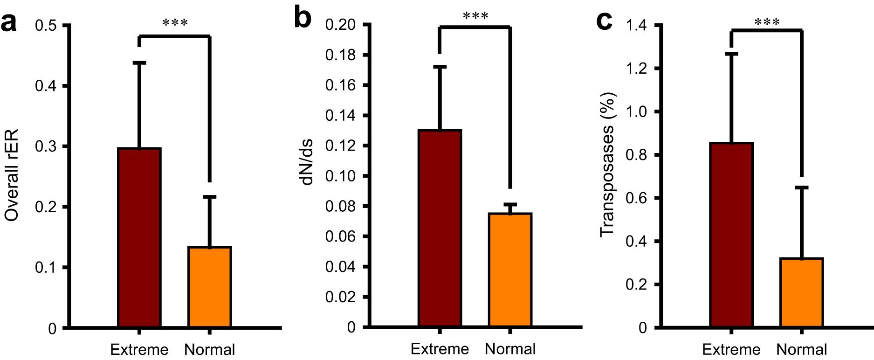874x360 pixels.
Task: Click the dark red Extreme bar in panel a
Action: click(139, 238)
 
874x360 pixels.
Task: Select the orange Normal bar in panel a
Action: click(210, 287)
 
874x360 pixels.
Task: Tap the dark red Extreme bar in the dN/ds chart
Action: click(440, 228)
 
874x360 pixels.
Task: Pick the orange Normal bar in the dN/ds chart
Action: click(510, 270)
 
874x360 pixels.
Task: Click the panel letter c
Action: click(605, 21)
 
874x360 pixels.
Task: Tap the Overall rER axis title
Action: click(12, 175)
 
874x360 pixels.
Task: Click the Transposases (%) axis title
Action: click(607, 165)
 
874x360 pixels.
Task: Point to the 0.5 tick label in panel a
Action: click(46, 25)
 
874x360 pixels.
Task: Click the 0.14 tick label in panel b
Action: click(340, 116)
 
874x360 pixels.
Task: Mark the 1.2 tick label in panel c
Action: click(637, 69)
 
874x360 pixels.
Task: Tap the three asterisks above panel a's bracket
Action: click(175, 23)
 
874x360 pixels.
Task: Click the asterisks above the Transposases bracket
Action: click(767, 22)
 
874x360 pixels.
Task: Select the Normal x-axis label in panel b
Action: click(510, 349)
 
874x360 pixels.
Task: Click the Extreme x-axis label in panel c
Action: click(731, 350)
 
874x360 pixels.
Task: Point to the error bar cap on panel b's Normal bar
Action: click(510, 204)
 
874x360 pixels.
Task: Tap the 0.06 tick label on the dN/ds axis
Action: click(340, 237)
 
